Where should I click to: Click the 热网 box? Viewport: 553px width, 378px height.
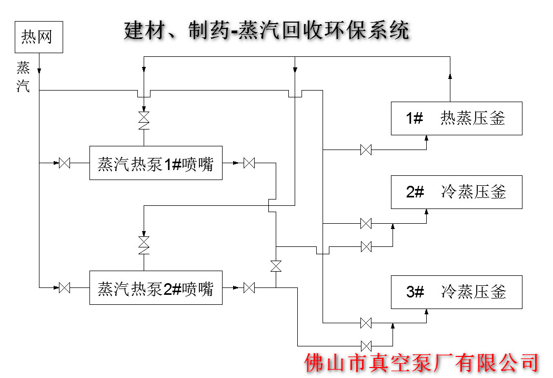39,37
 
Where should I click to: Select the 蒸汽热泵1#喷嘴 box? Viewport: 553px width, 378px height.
156,163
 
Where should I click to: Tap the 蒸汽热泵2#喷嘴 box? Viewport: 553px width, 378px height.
156,287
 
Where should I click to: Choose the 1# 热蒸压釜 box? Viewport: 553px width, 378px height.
456,118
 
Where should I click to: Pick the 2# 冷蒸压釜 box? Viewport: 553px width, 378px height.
456,192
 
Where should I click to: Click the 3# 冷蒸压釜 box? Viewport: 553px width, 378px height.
456,292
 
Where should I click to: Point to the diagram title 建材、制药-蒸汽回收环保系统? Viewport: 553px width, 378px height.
266,31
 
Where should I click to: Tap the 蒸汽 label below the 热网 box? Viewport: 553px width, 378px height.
23,77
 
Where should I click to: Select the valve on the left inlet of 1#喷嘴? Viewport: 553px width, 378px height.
65,163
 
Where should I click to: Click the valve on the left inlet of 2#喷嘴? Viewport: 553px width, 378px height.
65,287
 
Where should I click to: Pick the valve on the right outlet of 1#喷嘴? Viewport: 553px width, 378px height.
249,163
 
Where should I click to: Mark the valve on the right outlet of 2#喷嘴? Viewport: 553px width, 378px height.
249,287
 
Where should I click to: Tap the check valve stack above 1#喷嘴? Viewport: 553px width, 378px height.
144,121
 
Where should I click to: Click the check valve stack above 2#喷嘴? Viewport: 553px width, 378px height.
144,245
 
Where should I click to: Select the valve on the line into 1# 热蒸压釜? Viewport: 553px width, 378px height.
366,150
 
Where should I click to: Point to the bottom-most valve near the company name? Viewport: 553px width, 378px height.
366,345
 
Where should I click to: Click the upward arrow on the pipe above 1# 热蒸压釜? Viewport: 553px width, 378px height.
450,77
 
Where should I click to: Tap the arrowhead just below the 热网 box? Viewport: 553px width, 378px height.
39,71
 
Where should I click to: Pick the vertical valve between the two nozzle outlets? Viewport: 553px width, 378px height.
276,266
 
